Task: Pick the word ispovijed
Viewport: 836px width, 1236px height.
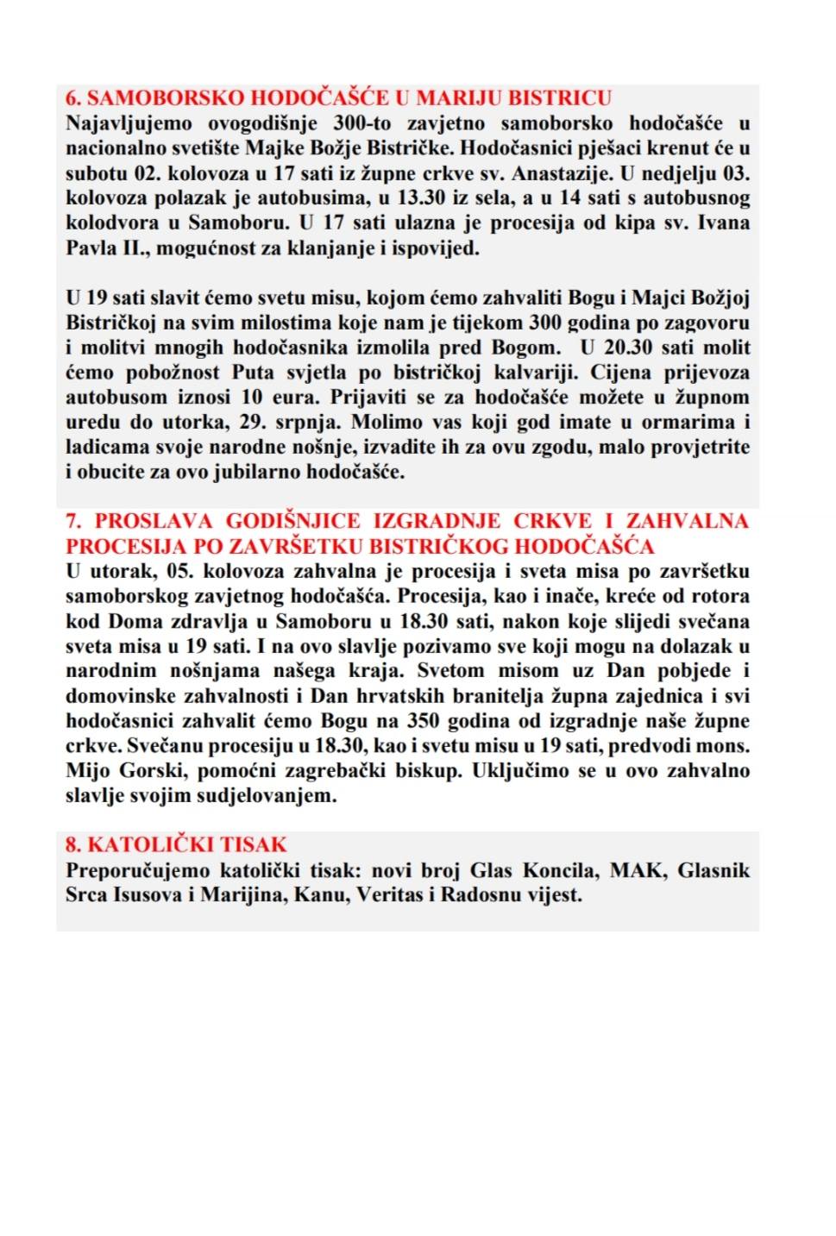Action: [x=438, y=248]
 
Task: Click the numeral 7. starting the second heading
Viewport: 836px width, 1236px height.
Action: [x=73, y=521]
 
